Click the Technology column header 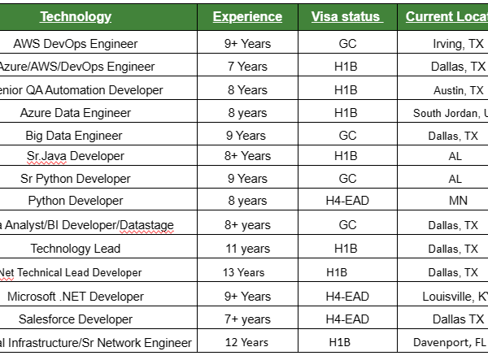coord(76,16)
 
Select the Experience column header coord(247,16)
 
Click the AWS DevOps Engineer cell coord(76,44)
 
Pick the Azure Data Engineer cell coord(76,113)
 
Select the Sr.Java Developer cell coord(76,155)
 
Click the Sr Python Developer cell coord(76,178)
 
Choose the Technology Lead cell coord(76,249)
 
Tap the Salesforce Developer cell coord(76,319)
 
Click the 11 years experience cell coord(247,249)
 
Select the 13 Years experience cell coord(247,272)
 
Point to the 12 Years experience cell coord(247,343)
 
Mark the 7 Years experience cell coord(247,67)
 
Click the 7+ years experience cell coord(247,319)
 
